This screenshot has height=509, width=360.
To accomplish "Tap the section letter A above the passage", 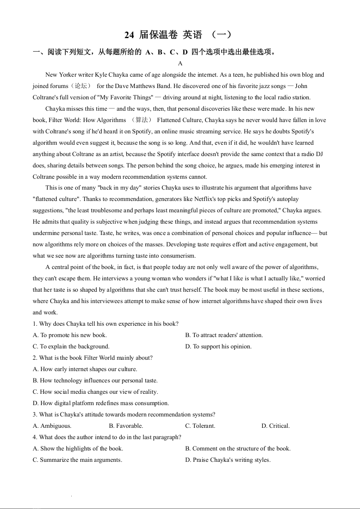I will tap(180, 64).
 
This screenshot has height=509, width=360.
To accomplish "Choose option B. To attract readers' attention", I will tap(224, 335).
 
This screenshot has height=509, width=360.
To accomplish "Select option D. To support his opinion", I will tap(218, 347).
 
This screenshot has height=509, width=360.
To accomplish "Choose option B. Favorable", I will tap(126, 426).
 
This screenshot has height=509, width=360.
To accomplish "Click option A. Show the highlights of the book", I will tap(78, 449).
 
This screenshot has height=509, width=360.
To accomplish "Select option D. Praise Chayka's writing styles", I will tap(227, 460).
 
